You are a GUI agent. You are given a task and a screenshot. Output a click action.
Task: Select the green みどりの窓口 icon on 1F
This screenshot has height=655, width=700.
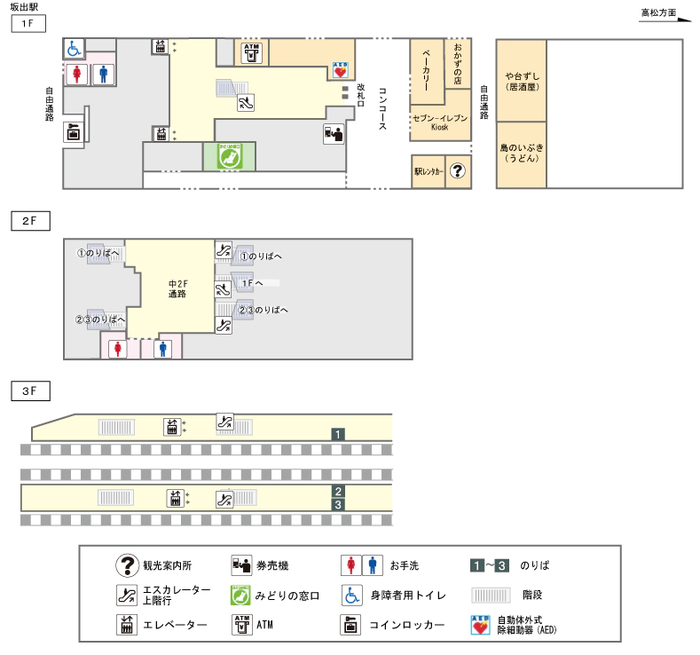[230, 156]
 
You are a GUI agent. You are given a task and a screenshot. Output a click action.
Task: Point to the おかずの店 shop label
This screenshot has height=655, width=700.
[458, 63]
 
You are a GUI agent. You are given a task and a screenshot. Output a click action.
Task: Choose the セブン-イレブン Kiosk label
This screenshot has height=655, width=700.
[439, 122]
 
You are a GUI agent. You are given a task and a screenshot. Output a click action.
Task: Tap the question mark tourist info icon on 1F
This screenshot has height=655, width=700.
[457, 170]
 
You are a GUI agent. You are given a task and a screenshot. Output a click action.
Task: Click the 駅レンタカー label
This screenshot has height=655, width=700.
[428, 170]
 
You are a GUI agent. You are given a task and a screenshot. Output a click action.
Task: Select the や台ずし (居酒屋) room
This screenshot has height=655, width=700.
[521, 81]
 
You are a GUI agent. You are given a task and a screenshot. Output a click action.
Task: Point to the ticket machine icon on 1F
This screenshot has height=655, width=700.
[334, 134]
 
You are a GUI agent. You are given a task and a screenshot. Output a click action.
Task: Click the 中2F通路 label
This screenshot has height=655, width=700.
[177, 288]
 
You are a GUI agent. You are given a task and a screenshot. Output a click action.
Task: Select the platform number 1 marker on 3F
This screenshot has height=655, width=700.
[338, 434]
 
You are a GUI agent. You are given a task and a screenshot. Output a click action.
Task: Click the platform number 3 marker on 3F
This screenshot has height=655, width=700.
[338, 505]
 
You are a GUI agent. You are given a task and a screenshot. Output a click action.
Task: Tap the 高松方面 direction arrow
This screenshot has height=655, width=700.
[665, 16]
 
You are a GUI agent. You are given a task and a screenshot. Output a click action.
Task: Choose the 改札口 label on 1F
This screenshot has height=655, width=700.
[360, 94]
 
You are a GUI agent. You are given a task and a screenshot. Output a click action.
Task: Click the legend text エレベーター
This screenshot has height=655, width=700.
[175, 625]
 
